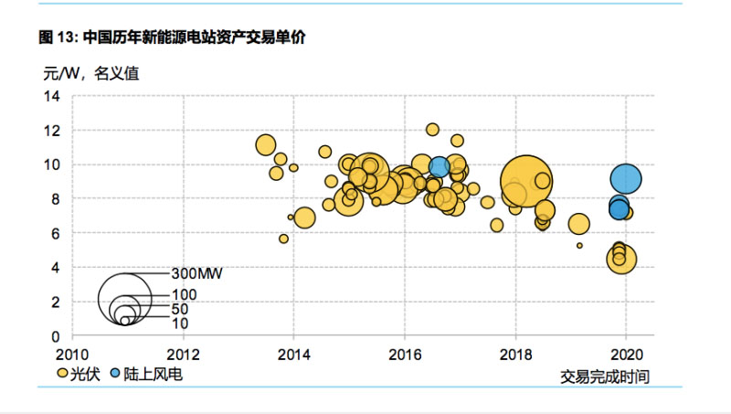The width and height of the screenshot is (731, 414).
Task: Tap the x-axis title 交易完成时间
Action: [x=604, y=377]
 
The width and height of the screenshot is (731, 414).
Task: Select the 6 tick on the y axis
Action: [x=56, y=233]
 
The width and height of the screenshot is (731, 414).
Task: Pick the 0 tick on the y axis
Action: [x=56, y=336]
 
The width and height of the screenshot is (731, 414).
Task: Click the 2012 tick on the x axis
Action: [x=184, y=353]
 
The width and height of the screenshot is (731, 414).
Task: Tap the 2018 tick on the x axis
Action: [x=515, y=353]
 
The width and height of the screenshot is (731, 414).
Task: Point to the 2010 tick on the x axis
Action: [x=72, y=353]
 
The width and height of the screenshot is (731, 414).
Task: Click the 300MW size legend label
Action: [x=197, y=272]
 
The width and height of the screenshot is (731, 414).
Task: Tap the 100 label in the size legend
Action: [x=183, y=295]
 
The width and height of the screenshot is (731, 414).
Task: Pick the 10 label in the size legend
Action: [x=180, y=323]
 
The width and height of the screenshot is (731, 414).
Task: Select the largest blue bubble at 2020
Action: [x=626, y=179]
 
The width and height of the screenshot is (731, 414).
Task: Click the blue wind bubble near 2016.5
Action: [x=440, y=166]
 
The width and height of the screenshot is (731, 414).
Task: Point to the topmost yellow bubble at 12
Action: [x=432, y=130]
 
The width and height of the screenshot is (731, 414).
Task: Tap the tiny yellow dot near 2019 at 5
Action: [x=579, y=245]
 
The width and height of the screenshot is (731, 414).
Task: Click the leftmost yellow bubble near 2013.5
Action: [x=266, y=144]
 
